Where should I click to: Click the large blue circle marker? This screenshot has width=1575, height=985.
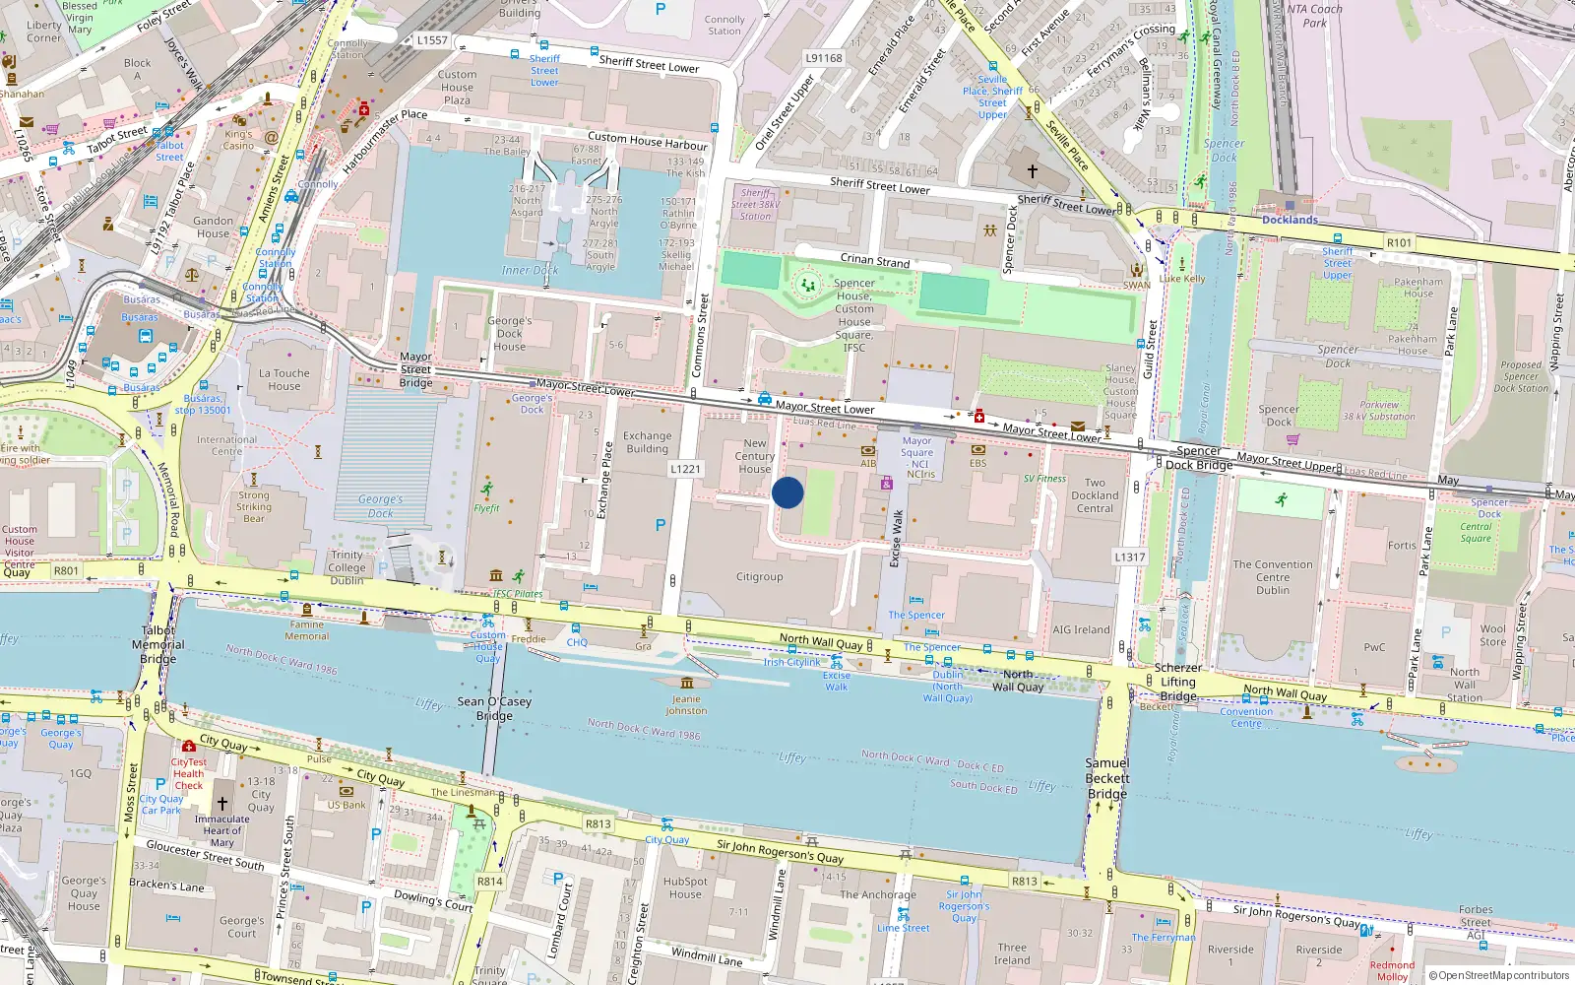click(787, 492)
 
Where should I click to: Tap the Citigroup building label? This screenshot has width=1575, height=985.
click(760, 577)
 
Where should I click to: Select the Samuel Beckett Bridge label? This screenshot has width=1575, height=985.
click(1107, 778)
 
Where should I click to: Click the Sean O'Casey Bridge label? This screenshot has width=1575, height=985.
click(494, 708)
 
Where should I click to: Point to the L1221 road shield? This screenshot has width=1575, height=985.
click(686, 469)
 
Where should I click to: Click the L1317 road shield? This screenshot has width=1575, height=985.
click(1130, 557)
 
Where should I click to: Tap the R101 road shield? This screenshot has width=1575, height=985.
click(1399, 242)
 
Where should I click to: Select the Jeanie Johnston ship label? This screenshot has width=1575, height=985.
click(686, 704)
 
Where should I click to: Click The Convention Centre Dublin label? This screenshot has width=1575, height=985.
click(1273, 577)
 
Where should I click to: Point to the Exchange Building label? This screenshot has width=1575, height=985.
click(647, 442)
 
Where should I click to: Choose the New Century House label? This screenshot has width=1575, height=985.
click(755, 456)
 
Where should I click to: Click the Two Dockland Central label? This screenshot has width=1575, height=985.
click(1095, 495)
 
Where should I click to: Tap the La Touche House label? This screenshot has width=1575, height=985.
click(284, 379)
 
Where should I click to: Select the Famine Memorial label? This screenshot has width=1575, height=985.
click(307, 630)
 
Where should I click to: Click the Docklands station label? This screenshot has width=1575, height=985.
click(1290, 220)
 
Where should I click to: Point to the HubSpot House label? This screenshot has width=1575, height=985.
click(685, 887)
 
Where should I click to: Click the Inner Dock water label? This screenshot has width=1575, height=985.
click(530, 270)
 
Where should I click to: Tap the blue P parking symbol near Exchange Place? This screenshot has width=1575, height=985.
click(661, 525)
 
